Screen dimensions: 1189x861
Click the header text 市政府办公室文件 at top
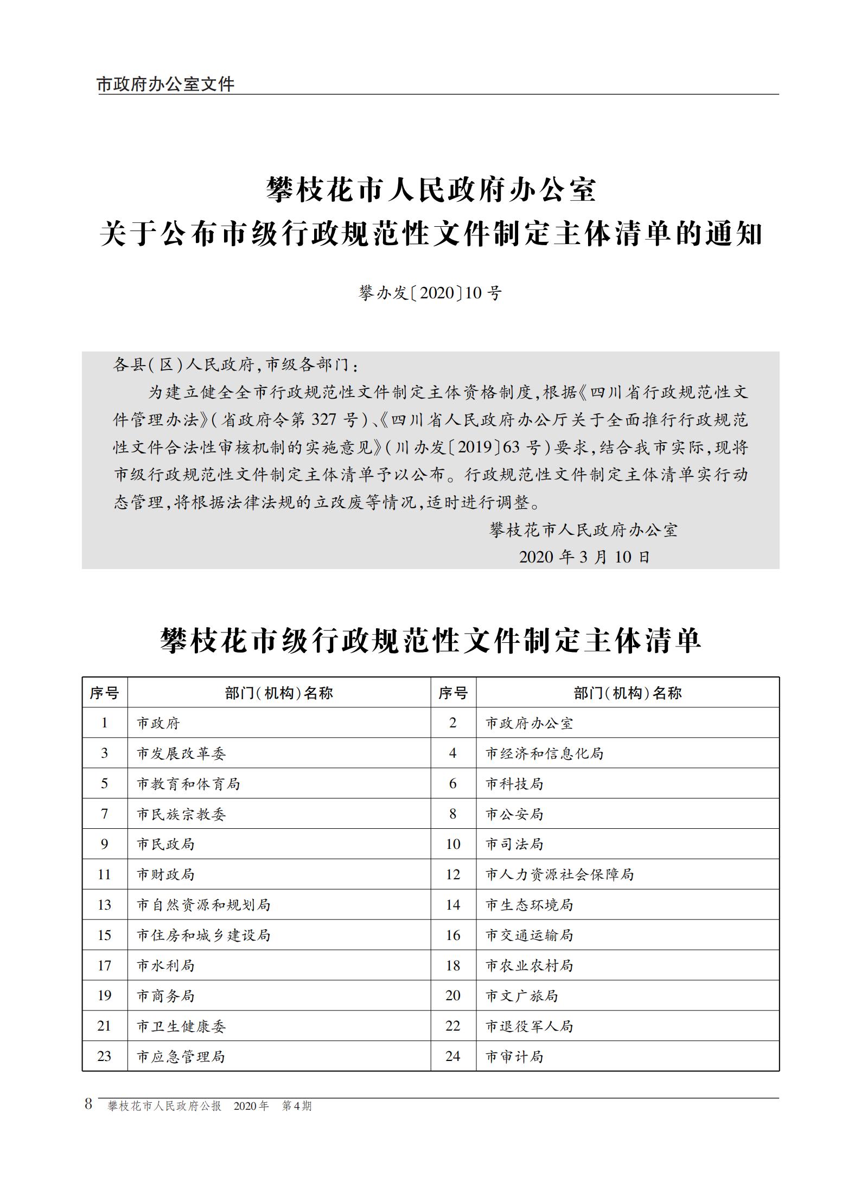click(165, 85)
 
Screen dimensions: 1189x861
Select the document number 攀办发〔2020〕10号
click(430, 293)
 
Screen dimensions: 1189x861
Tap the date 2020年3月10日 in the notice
click(584, 557)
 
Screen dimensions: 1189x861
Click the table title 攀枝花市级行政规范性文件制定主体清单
click(430, 641)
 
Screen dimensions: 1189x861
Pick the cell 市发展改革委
click(181, 753)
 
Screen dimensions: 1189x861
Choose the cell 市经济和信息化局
click(544, 753)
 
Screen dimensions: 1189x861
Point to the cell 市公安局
click(514, 814)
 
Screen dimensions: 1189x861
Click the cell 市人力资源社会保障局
click(559, 874)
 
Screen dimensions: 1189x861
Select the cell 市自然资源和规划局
click(203, 905)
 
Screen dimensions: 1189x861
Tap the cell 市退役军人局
click(529, 1026)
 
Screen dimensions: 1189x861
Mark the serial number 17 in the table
click(104, 966)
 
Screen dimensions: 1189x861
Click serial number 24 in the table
click(453, 1056)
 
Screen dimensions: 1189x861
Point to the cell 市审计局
click(514, 1057)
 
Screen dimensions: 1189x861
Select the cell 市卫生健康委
click(181, 1026)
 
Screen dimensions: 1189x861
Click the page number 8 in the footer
click(88, 1104)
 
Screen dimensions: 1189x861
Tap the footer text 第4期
click(297, 1106)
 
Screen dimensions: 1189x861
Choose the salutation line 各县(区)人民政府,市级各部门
click(235, 365)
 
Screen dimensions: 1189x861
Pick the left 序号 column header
click(104, 693)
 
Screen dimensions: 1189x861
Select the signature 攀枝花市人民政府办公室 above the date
click(584, 530)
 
